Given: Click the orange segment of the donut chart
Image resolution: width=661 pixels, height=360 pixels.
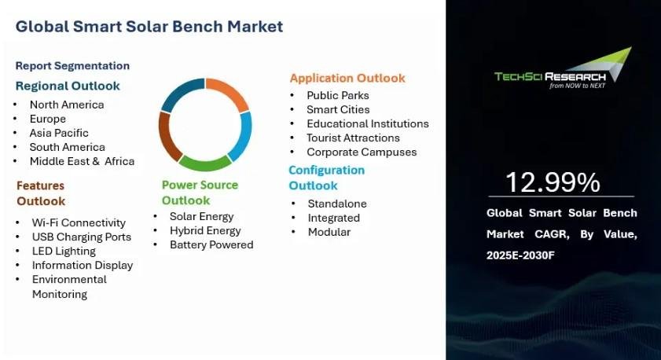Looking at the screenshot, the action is pyautogui.click(x=230, y=91).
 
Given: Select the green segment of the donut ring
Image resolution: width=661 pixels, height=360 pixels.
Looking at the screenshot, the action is pyautogui.click(x=205, y=163).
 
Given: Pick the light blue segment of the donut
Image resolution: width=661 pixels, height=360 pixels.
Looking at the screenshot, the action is pyautogui.click(x=241, y=136).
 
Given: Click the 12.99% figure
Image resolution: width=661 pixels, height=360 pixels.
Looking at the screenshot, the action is pyautogui.click(x=553, y=182).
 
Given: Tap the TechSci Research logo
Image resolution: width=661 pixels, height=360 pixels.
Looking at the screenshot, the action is pyautogui.click(x=564, y=68).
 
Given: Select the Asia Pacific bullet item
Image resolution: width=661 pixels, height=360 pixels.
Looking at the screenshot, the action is pyautogui.click(x=59, y=133).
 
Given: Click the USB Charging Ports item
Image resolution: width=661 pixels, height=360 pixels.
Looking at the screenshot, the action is pyautogui.click(x=82, y=237).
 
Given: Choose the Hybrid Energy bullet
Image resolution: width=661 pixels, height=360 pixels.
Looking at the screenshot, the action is pyautogui.click(x=205, y=230).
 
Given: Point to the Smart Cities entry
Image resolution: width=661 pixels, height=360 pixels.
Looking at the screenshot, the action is pyautogui.click(x=338, y=109).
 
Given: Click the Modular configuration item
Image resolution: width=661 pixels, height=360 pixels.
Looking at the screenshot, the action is pyautogui.click(x=329, y=232).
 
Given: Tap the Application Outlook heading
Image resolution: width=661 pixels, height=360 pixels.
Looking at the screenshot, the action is pyautogui.click(x=347, y=78).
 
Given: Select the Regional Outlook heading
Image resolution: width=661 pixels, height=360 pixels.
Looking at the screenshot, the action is pyautogui.click(x=68, y=86).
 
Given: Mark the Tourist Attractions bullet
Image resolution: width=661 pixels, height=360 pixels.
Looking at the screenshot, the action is pyautogui.click(x=353, y=138).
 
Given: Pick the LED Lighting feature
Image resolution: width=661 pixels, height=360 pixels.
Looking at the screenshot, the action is pyautogui.click(x=64, y=252).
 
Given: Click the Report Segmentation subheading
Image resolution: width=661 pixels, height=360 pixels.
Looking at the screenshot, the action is pyautogui.click(x=72, y=66).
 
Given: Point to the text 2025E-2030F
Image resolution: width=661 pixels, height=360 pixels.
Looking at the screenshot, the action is pyautogui.click(x=520, y=255).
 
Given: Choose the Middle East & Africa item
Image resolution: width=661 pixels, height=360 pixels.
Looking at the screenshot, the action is pyautogui.click(x=83, y=161).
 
